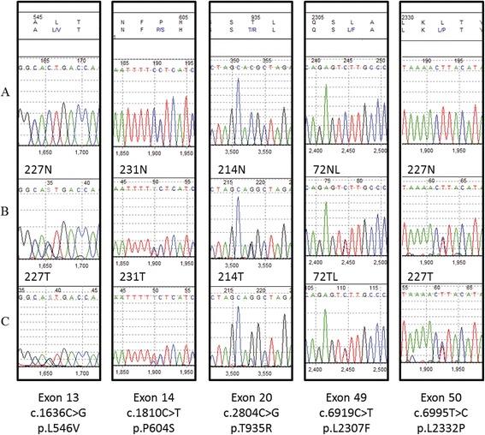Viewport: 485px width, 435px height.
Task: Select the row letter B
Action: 8,207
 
